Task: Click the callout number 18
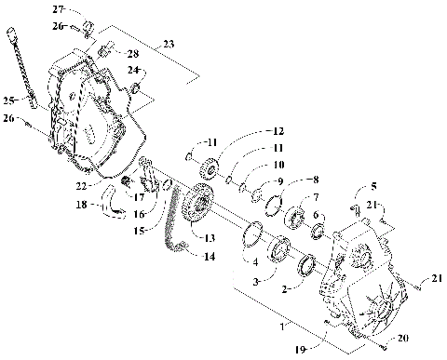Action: tap(81, 203)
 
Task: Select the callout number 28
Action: tap(131, 54)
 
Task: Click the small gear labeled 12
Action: tap(208, 169)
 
